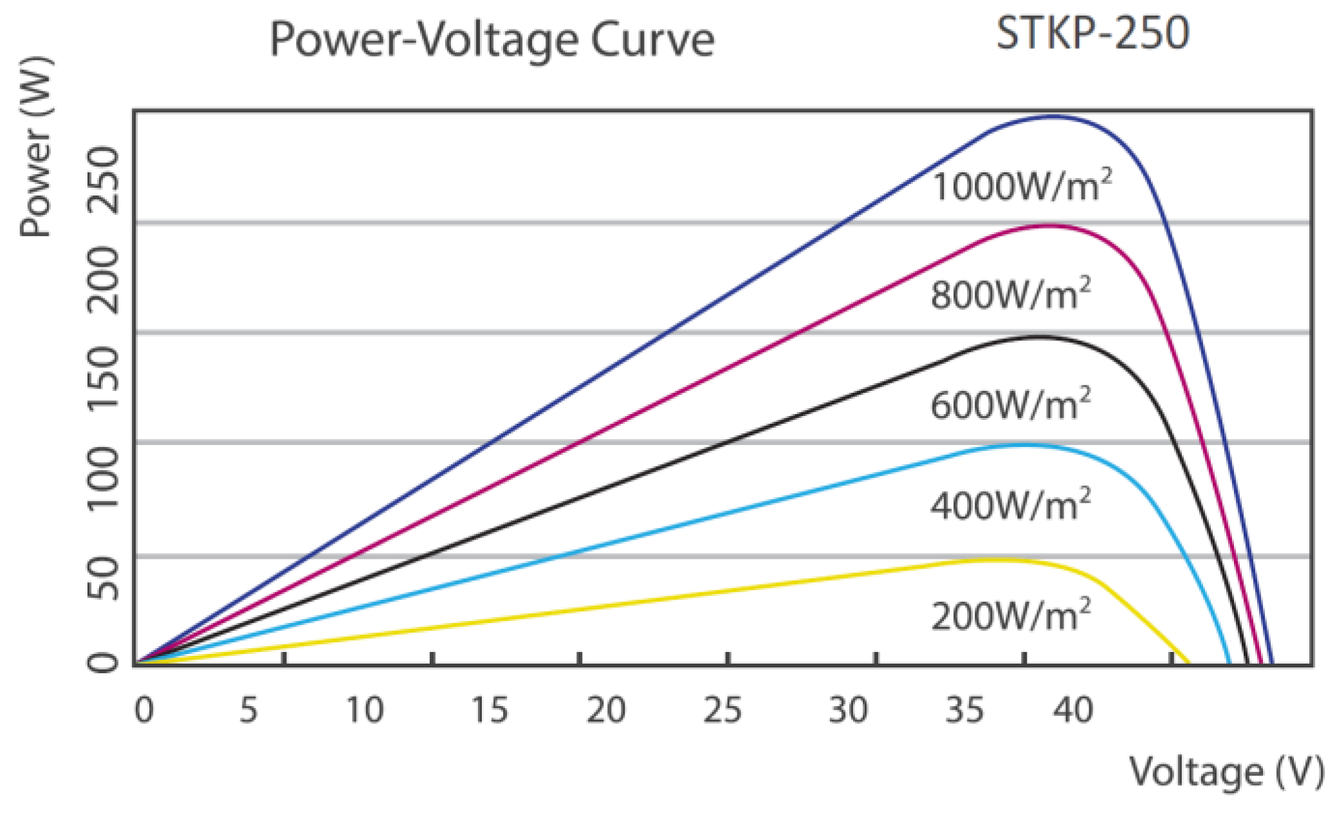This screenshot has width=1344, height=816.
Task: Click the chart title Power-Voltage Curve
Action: point(492,40)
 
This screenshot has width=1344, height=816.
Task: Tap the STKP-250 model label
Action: point(1092,33)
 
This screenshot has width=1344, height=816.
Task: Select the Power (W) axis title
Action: point(36,148)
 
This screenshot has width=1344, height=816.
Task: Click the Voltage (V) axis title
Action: point(1226,772)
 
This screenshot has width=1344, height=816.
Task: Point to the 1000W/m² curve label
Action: point(1022,187)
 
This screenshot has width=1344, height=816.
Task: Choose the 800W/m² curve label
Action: point(1011,295)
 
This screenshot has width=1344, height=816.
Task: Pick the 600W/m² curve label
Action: point(1011,405)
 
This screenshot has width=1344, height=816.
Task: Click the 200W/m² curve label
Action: point(1011,615)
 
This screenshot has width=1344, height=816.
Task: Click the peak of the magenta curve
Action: point(1049,225)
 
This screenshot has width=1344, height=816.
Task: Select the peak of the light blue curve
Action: point(1020,445)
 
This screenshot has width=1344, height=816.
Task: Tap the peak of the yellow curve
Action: point(991,559)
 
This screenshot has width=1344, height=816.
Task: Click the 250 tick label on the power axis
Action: point(103,180)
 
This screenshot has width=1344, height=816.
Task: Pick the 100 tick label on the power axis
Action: point(103,479)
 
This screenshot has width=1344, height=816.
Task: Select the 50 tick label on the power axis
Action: point(103,579)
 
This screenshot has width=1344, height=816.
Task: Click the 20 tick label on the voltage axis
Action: point(605,711)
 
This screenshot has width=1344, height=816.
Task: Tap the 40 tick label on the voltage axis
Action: point(1073,711)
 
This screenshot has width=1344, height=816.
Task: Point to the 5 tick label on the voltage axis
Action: point(248,711)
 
